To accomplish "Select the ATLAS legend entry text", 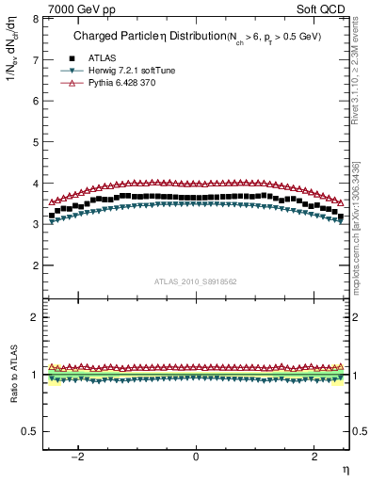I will pyautogui.click(x=104, y=57).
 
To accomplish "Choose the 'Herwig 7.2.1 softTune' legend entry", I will pyautogui.click(x=134, y=71).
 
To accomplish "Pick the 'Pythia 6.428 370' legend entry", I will pyautogui.click(x=125, y=83).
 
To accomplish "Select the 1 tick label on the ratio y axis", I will pyautogui.click(x=34, y=375).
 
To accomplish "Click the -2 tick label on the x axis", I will pyautogui.click(x=79, y=457).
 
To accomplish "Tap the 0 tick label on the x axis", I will pyautogui.click(x=196, y=457).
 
